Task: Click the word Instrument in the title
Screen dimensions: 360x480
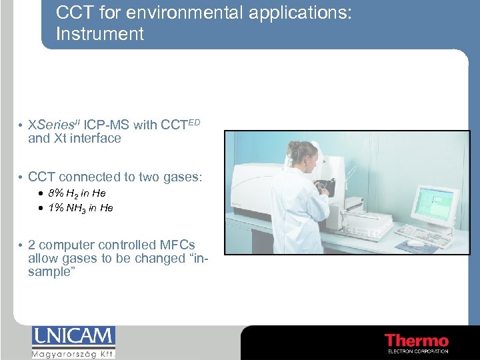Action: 100,34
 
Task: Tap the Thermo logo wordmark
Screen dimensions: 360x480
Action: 417,341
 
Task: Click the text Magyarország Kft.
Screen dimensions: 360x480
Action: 73,354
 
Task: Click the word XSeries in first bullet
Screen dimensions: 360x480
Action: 53,125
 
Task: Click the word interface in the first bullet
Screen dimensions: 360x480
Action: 97,139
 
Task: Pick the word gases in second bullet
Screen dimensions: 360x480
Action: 181,177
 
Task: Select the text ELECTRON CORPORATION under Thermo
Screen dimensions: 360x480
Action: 417,351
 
